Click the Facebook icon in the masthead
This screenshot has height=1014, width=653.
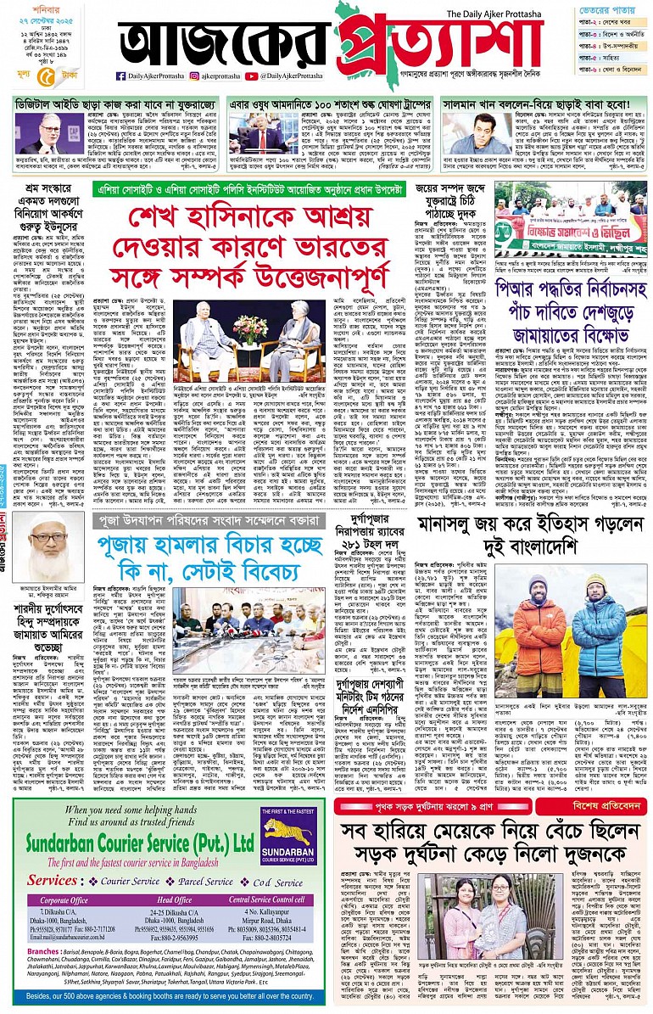pyautogui.click(x=121, y=76)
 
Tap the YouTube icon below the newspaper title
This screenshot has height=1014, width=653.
pyautogui.click(x=251, y=76)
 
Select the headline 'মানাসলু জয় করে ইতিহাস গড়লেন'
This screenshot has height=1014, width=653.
pyautogui.click(x=521, y=529)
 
